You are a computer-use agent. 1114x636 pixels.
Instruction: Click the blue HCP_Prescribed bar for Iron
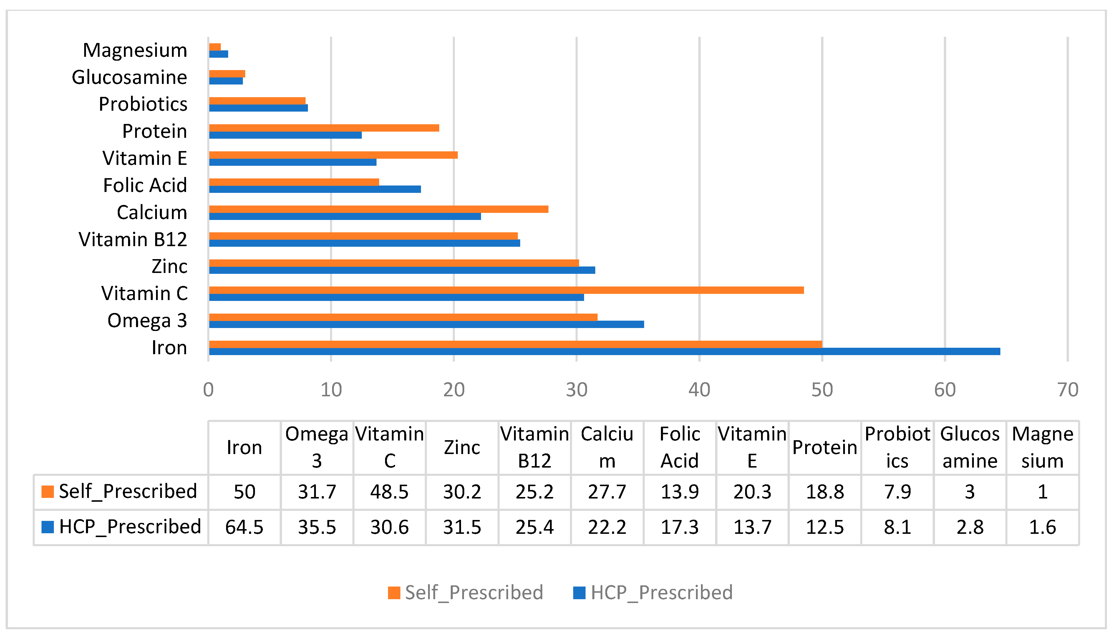point(604,351)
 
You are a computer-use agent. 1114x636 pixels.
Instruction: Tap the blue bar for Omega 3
point(426,324)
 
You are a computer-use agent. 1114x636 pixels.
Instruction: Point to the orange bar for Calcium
point(379,209)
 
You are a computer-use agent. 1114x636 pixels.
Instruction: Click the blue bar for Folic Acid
point(315,189)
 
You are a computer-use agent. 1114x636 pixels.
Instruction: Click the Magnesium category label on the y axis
point(135,50)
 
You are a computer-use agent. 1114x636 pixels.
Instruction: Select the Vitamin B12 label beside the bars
point(133,239)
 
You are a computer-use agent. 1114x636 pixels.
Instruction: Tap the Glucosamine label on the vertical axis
point(129,77)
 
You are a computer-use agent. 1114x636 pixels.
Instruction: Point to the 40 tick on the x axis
point(699,390)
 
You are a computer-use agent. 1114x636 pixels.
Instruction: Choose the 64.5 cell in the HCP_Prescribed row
point(244,527)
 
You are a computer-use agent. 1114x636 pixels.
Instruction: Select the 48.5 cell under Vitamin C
point(389,492)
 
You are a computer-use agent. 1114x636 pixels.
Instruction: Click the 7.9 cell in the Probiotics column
point(897,492)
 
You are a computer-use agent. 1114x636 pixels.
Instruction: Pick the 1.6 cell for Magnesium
point(1042,527)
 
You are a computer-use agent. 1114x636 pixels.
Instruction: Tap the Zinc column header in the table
point(462,447)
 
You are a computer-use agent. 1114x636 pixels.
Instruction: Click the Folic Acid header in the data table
point(679,447)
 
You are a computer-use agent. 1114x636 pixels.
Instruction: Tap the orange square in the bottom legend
point(394,593)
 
